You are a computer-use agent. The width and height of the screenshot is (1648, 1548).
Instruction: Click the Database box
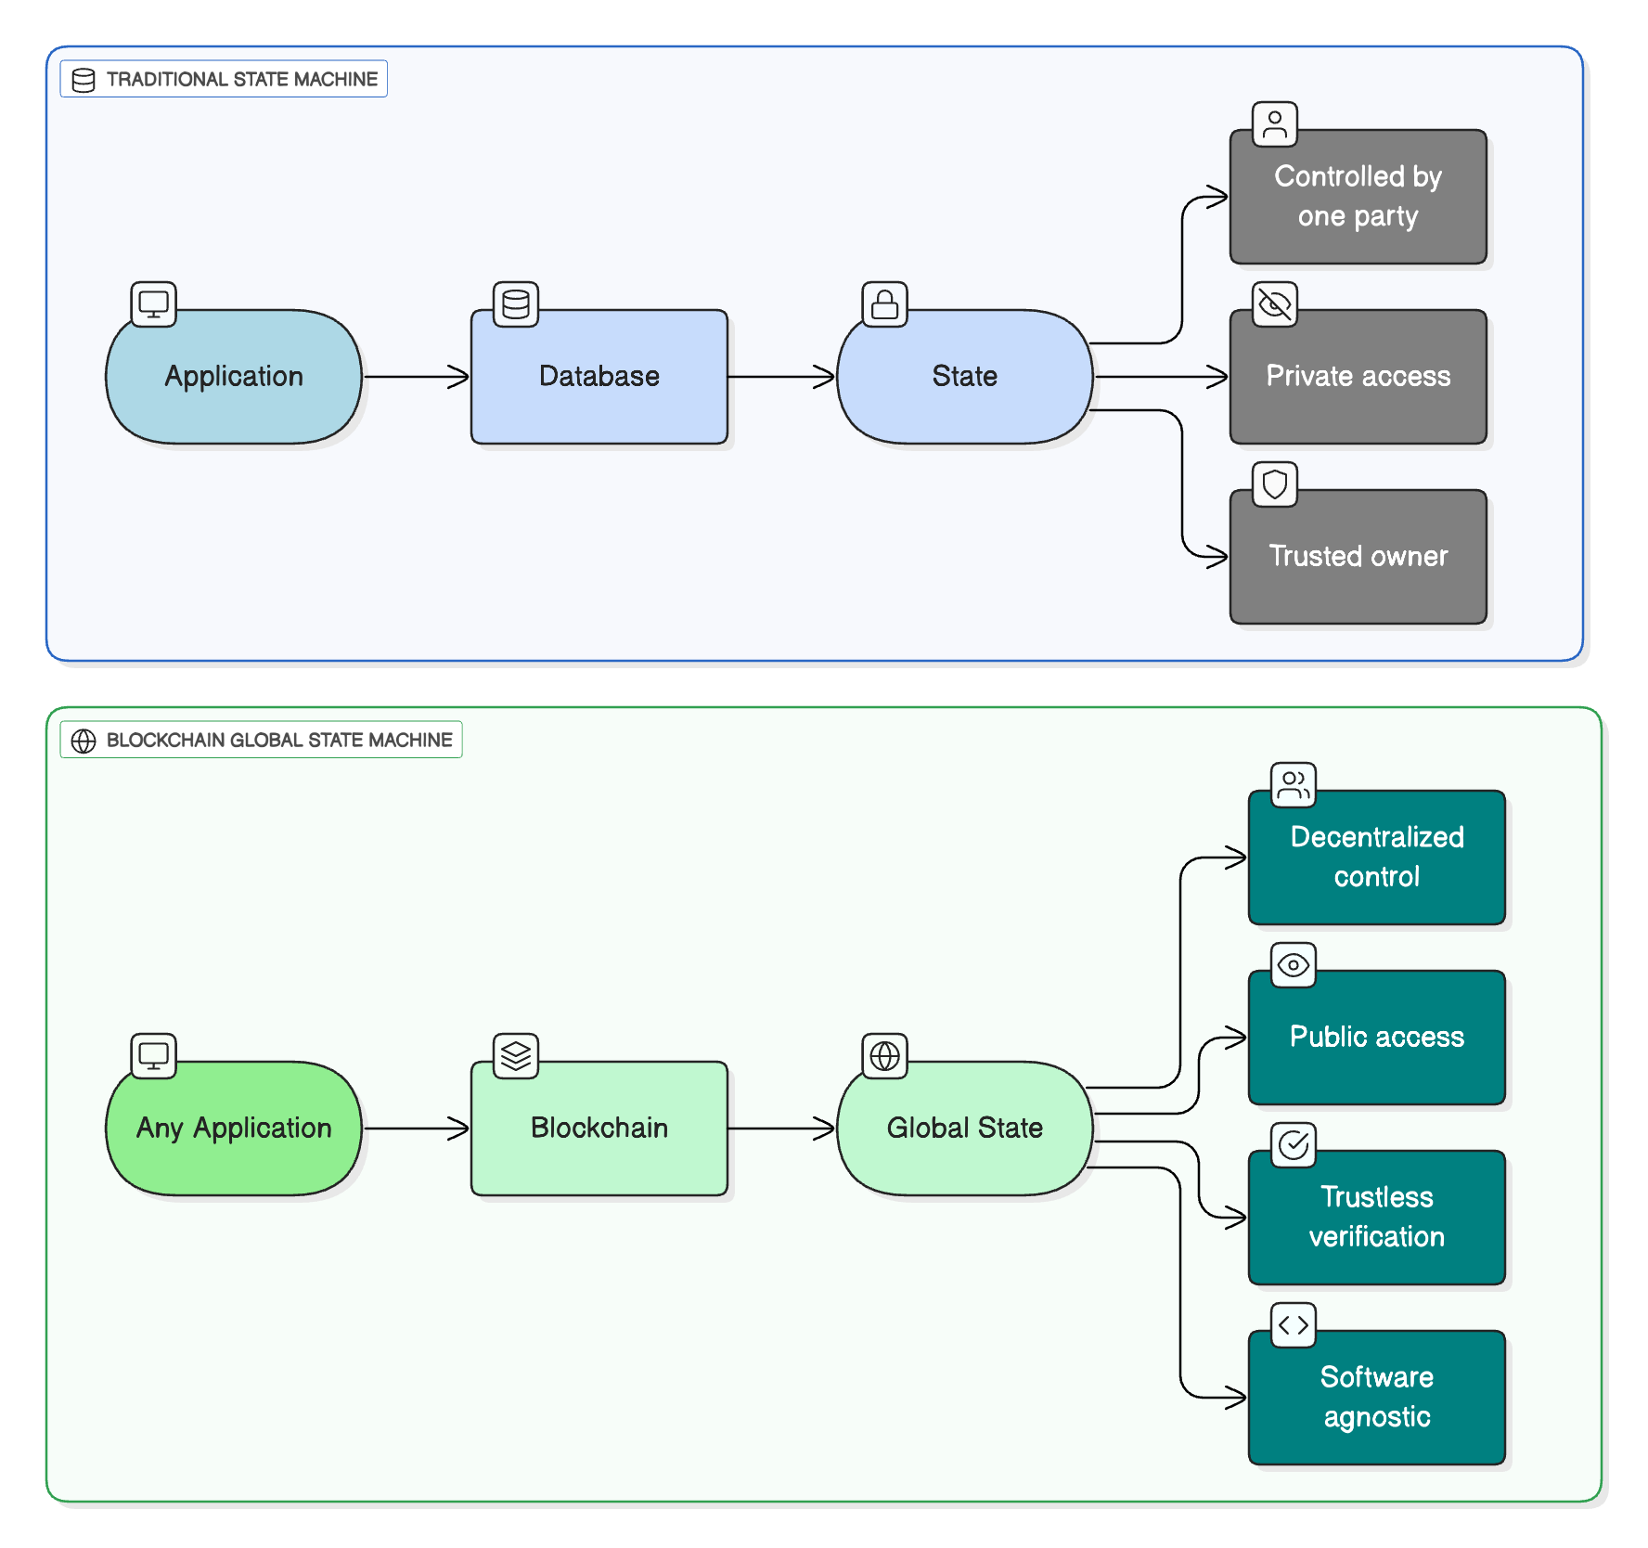click(599, 377)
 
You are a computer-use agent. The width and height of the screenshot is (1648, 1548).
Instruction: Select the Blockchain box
click(599, 1129)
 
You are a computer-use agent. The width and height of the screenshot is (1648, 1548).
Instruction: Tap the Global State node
click(964, 1129)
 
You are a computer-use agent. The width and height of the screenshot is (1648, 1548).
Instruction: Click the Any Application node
click(234, 1129)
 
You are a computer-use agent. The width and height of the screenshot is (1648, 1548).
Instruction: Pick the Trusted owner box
click(1358, 557)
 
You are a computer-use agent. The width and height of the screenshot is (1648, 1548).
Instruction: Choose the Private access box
click(1358, 377)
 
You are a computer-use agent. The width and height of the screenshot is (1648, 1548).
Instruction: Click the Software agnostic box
click(1376, 1398)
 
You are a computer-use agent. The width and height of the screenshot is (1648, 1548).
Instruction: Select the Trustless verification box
click(1376, 1218)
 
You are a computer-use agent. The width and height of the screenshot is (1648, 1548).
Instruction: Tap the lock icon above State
click(884, 304)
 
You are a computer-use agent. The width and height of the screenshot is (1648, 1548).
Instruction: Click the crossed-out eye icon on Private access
click(1274, 304)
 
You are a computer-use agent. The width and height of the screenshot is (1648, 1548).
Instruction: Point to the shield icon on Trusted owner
click(1274, 484)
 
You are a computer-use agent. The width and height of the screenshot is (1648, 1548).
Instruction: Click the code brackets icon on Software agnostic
click(1293, 1325)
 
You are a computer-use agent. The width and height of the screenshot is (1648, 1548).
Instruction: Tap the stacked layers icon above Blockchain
click(516, 1056)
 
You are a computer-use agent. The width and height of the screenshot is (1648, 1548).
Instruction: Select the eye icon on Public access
click(1293, 965)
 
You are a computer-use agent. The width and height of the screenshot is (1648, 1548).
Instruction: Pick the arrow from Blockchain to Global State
click(781, 1129)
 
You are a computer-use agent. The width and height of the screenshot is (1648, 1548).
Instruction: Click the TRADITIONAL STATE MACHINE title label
click(241, 80)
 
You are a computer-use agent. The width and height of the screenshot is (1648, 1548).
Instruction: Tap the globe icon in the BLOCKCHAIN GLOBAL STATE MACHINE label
click(84, 741)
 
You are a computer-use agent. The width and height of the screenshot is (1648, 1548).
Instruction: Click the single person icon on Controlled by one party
click(1274, 124)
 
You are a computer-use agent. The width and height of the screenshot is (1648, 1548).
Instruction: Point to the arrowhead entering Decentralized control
click(1236, 858)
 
